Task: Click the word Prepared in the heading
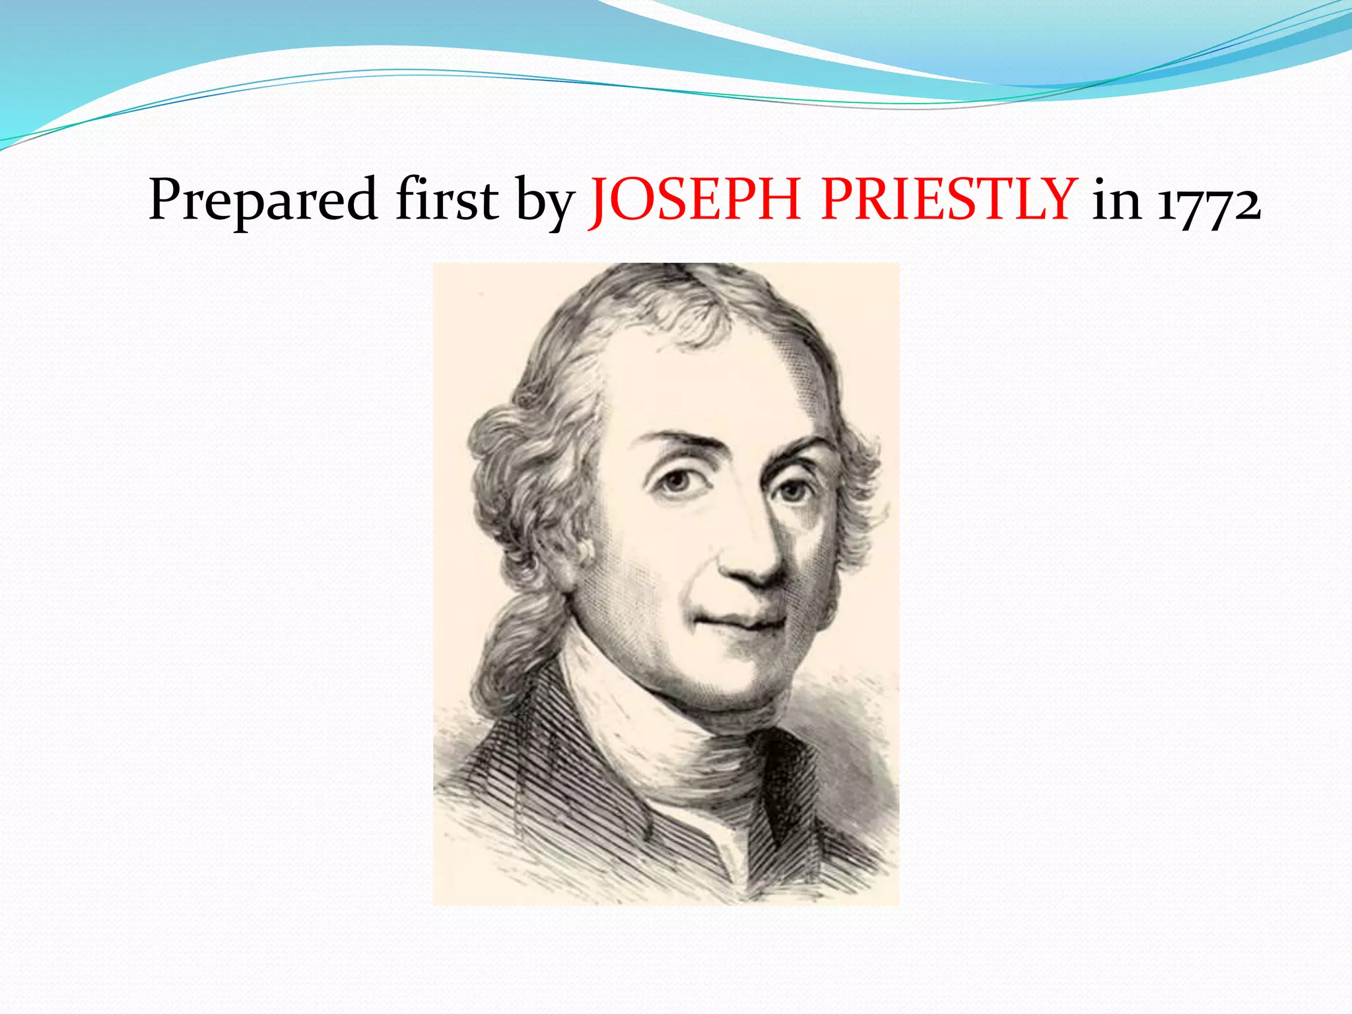pyautogui.click(x=263, y=200)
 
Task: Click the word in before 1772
pyautogui.click(x=1116, y=199)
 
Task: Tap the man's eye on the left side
pyautogui.click(x=675, y=481)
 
